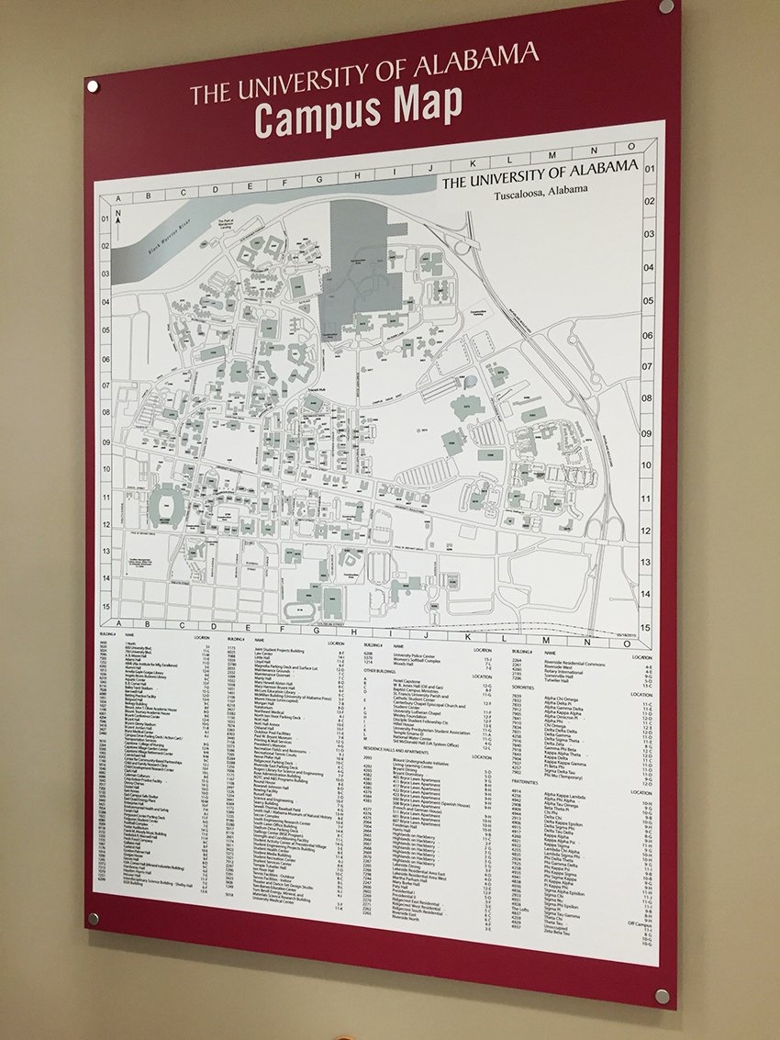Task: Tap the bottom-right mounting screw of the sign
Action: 662,996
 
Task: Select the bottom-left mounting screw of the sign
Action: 93,918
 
